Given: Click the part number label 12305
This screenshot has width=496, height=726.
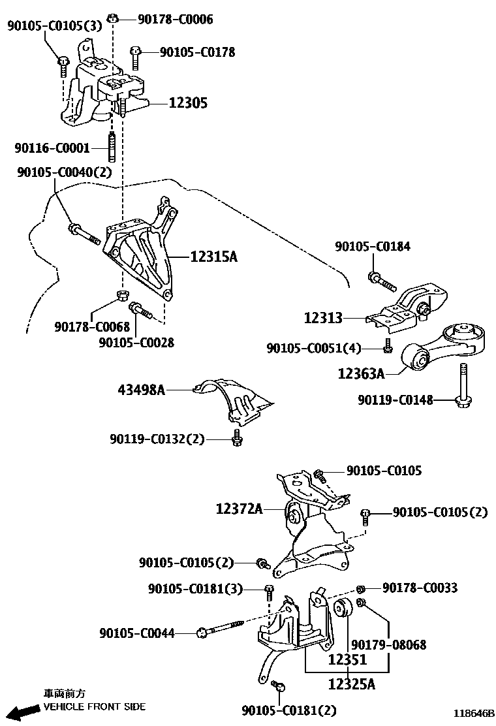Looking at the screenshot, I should coord(188,103).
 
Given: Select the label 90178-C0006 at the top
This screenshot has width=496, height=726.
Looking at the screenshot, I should coord(175,20).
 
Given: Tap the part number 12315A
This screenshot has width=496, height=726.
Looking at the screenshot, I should coord(213,257).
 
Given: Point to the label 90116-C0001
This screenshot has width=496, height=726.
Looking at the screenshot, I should coord(52,148).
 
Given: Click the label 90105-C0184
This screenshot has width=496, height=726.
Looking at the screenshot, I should coord(373,247).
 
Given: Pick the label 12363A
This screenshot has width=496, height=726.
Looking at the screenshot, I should coord(360,373).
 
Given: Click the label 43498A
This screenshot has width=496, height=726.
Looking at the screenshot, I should coord(141,390).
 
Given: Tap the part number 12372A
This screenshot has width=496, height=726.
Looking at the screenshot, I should coord(240,507).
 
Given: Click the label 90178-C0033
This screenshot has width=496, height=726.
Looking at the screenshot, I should coord(420,588).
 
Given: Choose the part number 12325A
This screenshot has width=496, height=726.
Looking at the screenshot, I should coord(351,684).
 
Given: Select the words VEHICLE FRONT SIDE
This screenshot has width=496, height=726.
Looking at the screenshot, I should coord(95,706).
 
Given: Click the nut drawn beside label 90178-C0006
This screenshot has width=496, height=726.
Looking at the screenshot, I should coord(113,18).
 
